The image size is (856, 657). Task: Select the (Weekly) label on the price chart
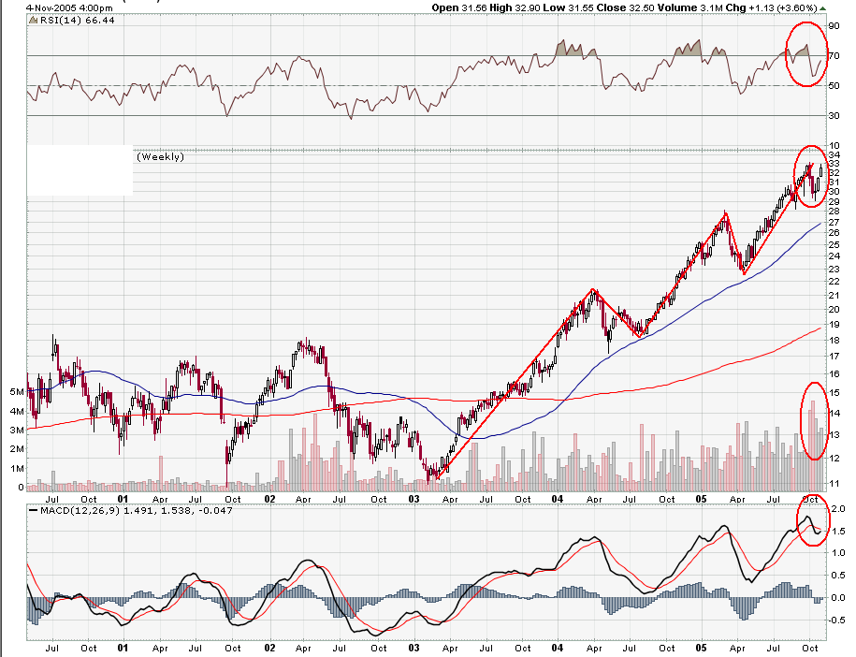point(160,156)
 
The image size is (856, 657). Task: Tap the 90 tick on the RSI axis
point(833,27)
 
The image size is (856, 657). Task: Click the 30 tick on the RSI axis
point(833,116)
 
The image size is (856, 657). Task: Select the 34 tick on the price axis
point(833,154)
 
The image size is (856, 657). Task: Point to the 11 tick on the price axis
point(833,483)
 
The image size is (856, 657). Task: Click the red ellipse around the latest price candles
point(810,177)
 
